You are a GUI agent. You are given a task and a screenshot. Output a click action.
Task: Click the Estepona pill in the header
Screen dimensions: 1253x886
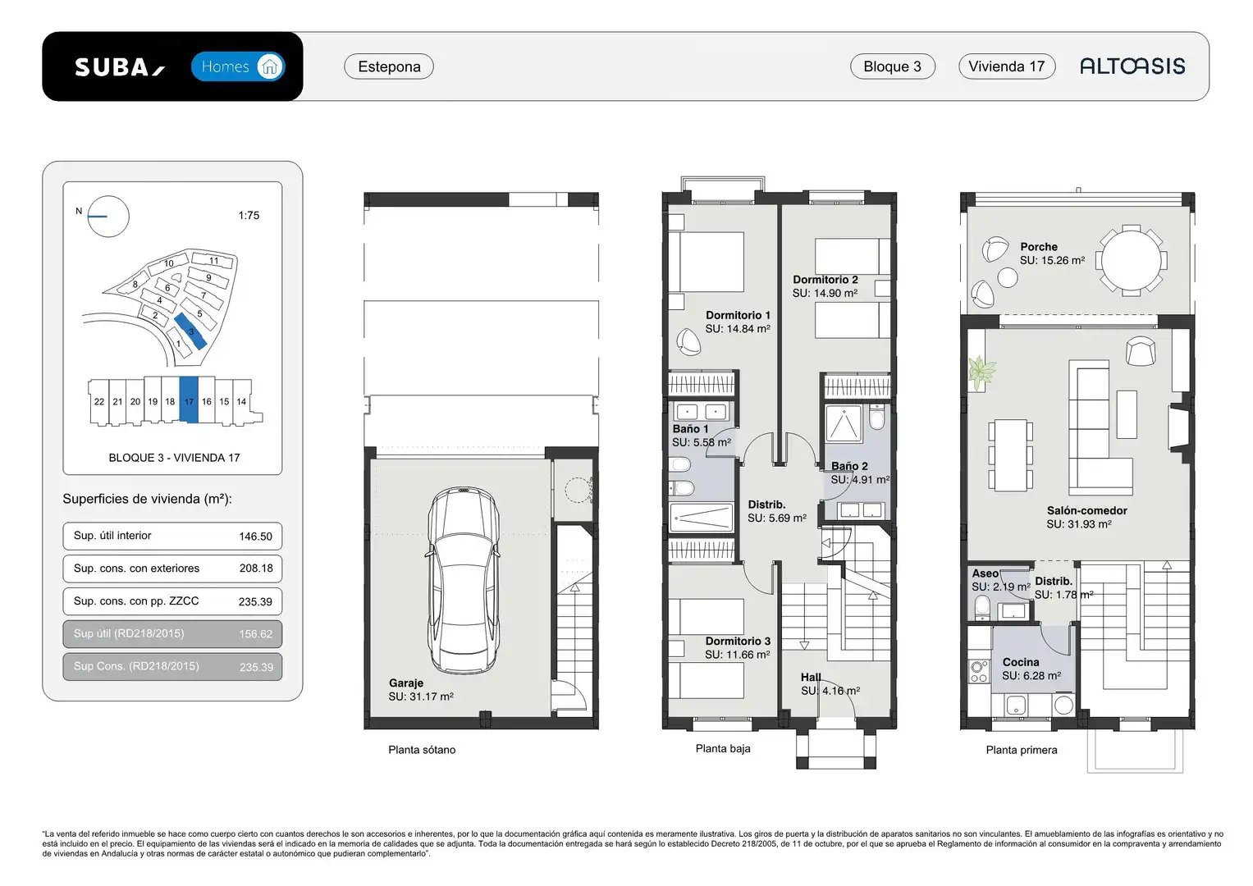389,66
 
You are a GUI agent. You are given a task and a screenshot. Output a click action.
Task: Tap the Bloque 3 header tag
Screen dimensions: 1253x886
892,66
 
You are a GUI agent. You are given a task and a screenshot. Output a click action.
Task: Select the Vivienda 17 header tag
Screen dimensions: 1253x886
1007,66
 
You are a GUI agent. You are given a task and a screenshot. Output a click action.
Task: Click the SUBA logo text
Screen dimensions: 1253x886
120,67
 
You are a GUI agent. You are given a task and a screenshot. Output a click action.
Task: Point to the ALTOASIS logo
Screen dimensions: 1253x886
1132,66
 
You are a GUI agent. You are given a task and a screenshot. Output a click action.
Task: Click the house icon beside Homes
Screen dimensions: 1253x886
270,66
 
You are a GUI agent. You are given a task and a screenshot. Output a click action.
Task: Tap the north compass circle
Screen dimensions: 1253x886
108,217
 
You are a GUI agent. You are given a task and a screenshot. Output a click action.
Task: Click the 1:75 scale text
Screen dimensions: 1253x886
249,215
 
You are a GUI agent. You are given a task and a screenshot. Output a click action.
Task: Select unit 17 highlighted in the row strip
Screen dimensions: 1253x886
189,400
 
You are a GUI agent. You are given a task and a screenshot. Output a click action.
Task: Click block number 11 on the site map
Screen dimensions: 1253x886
213,261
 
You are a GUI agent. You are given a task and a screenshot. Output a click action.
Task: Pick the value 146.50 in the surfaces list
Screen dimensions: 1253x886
256,537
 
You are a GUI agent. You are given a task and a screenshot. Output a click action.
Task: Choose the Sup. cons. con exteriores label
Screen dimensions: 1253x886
136,569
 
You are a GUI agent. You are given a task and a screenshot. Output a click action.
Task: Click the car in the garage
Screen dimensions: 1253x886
463,580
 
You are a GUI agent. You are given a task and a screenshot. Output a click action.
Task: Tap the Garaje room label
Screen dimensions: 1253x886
406,683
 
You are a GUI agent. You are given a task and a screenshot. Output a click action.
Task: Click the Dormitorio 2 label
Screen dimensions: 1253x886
825,280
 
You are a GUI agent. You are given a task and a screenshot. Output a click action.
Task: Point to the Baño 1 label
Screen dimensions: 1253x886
690,429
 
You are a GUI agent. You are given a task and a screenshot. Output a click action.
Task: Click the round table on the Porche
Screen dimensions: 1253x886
1131,260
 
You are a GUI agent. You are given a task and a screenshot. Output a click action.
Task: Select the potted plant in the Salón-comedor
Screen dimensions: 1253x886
981,373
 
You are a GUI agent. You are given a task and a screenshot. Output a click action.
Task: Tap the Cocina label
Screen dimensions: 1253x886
1021,662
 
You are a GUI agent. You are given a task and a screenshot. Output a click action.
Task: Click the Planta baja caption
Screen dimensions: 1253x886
723,748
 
